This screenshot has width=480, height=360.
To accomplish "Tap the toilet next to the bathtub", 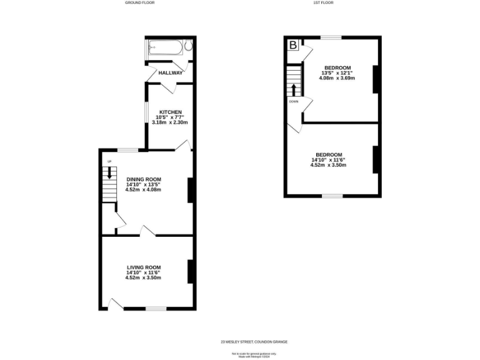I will click(x=187, y=47).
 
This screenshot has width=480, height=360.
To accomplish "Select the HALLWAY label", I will click(x=171, y=73).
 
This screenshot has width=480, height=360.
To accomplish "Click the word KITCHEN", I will click(x=170, y=112).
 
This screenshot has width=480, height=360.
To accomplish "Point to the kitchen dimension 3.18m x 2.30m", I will click(x=170, y=122).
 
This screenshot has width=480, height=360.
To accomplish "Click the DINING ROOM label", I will click(x=143, y=179).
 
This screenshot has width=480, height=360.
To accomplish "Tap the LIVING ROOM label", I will click(x=143, y=267).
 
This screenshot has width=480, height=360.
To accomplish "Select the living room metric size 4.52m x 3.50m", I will click(x=143, y=277).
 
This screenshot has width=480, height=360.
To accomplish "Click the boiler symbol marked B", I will click(x=293, y=46).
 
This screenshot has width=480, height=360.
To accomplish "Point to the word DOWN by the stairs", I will click(x=293, y=101).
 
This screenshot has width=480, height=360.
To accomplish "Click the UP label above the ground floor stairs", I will click(x=109, y=162).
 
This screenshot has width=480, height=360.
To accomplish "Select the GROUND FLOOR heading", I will click(x=139, y=3).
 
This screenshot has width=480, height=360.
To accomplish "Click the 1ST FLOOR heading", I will click(x=323, y=3).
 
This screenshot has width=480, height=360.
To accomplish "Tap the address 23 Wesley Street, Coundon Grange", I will click(x=254, y=342).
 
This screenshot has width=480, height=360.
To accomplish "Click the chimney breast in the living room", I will click(x=190, y=271).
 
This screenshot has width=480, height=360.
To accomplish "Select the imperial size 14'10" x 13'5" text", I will click(x=143, y=184).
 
